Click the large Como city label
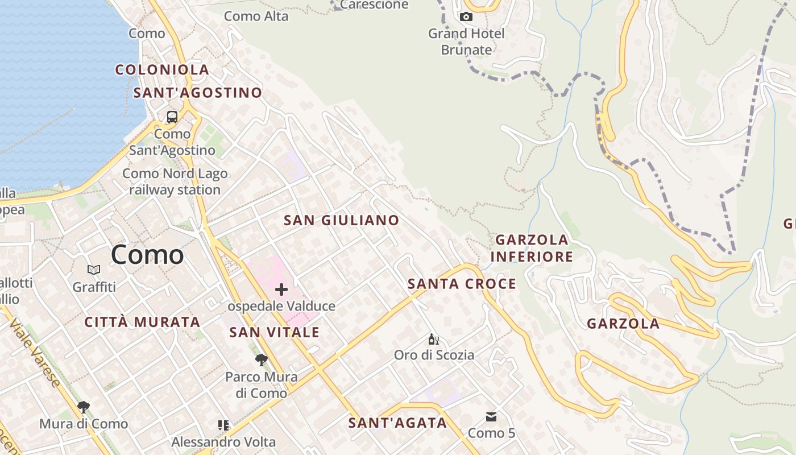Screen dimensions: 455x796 (x=147, y=255)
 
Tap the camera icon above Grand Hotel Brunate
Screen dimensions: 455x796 (x=466, y=17)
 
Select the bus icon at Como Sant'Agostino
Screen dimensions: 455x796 (x=172, y=117)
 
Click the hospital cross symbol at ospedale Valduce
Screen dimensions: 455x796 (x=281, y=290)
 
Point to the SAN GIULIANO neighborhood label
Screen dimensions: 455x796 (x=341, y=220)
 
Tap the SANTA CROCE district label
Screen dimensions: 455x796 (x=462, y=284)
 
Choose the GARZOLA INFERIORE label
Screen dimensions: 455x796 (x=532, y=248)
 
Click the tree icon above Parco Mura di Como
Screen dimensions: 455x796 (x=262, y=359)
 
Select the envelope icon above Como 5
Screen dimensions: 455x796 (x=491, y=417)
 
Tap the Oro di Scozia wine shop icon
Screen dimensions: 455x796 (x=433, y=340)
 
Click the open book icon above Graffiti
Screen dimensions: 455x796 (x=94, y=270)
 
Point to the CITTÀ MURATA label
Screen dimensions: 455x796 (x=142, y=322)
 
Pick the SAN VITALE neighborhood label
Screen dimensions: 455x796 (x=274, y=332)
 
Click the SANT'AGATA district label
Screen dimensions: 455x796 (x=397, y=423)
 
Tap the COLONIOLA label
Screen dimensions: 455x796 (x=162, y=70)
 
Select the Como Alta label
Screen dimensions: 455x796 (x=256, y=16)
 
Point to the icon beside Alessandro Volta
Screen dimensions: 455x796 (x=223, y=425)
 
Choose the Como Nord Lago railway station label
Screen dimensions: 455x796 (x=175, y=181)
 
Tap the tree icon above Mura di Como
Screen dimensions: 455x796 (x=84, y=407)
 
